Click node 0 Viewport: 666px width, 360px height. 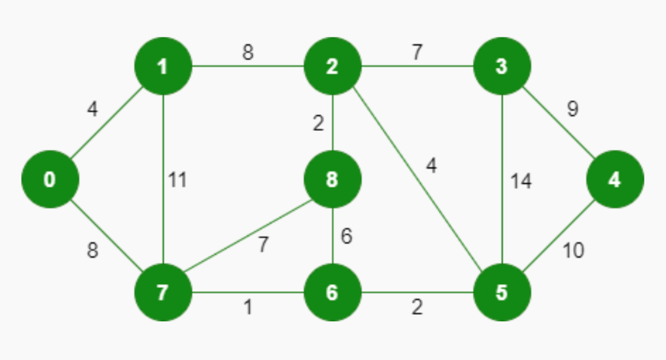[50, 179]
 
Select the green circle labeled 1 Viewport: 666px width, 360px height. [163, 66]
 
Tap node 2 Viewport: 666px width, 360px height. [332, 66]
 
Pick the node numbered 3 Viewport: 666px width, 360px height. [502, 66]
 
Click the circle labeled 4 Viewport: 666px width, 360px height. [615, 179]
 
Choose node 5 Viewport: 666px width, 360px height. [502, 292]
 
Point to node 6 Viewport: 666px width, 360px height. [332, 292]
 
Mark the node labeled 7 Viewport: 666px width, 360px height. [163, 292]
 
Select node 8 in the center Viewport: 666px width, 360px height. [332, 179]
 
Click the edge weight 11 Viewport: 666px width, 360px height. [177, 180]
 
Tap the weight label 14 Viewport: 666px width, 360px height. [521, 181]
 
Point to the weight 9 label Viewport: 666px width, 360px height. [572, 109]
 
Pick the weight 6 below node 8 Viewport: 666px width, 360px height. [347, 236]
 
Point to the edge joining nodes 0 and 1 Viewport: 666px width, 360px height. [107, 123]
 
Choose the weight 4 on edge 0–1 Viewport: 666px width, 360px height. [93, 109]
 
